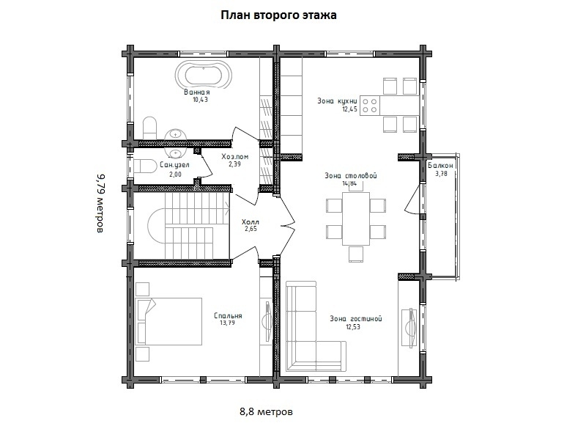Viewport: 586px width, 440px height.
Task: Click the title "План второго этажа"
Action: [x=278, y=15]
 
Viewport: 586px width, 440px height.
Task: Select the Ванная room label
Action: [x=197, y=92]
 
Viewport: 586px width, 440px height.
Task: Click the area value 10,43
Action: [x=199, y=100]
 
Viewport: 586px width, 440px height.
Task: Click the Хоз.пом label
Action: [x=234, y=156]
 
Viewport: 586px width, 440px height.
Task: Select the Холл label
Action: [x=251, y=221]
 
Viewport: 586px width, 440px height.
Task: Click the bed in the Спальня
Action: [x=170, y=320]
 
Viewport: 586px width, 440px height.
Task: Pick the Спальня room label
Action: [x=228, y=315]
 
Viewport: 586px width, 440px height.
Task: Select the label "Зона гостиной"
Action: [x=356, y=318]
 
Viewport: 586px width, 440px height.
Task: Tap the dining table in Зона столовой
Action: [x=356, y=219]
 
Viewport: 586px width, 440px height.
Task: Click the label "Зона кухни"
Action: [x=338, y=101]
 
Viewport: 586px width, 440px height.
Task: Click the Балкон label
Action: [x=441, y=166]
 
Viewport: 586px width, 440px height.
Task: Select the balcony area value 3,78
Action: [x=441, y=174]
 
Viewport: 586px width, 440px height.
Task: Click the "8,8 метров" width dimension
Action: [x=266, y=411]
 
